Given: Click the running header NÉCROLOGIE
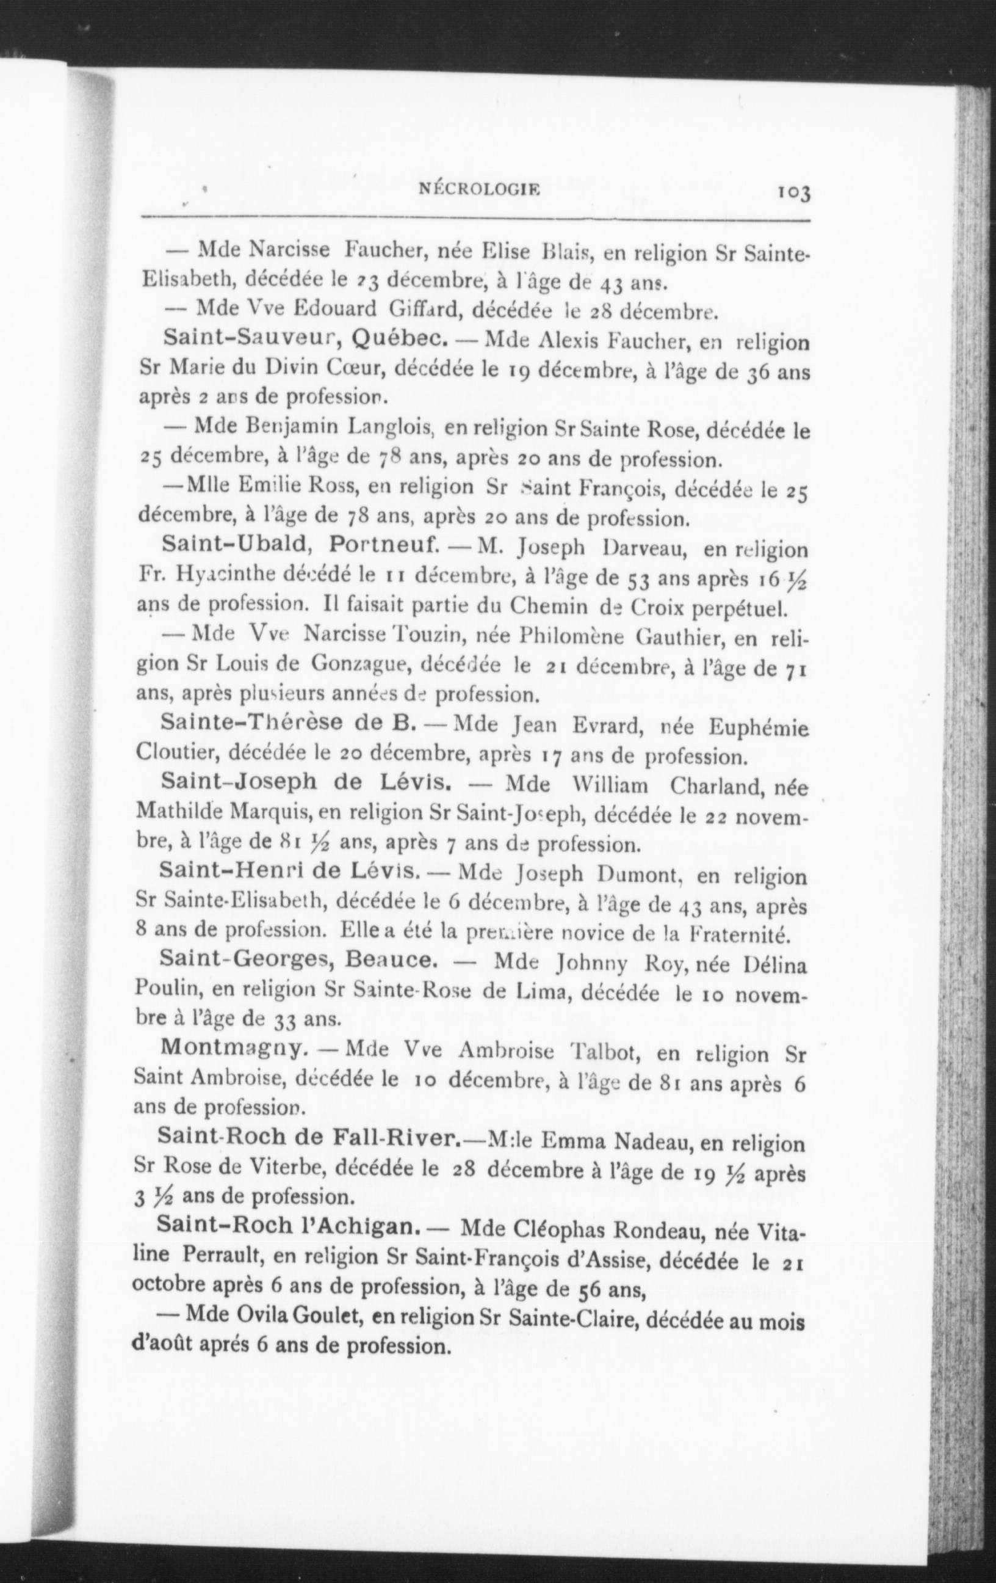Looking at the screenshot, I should (x=479, y=190).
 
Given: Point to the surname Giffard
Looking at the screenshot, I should (x=426, y=308).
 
